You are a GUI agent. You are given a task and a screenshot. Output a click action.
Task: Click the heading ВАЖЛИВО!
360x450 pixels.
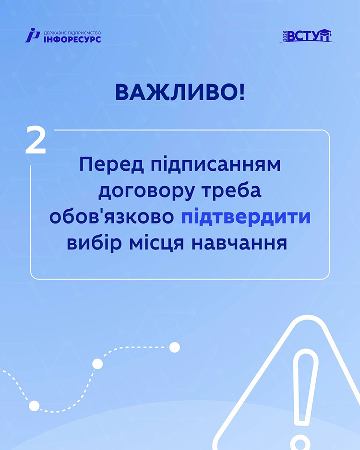180,93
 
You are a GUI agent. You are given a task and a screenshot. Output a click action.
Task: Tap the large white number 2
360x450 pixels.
36,140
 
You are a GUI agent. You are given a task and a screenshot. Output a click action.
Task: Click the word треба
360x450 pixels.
232,190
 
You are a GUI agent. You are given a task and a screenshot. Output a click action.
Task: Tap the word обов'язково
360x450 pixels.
112,217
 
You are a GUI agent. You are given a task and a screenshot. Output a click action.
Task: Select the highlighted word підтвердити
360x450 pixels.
246,217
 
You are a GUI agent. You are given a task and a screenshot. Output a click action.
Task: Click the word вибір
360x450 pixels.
94,243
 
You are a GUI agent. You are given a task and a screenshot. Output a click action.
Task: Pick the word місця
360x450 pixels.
157,244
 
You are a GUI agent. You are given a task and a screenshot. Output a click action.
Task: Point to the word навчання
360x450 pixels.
240,243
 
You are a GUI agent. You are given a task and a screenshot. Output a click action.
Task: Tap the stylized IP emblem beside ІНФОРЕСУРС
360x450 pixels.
32,36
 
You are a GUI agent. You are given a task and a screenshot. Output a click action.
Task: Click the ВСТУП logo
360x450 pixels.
307,36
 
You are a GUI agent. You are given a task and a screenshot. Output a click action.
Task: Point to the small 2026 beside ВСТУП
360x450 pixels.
285,36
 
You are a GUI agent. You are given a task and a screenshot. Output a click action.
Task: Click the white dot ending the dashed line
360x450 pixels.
175,347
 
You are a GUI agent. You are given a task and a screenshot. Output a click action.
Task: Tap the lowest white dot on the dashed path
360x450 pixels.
34,405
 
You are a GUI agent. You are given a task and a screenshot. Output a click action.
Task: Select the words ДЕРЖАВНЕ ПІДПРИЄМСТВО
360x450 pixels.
72,33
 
